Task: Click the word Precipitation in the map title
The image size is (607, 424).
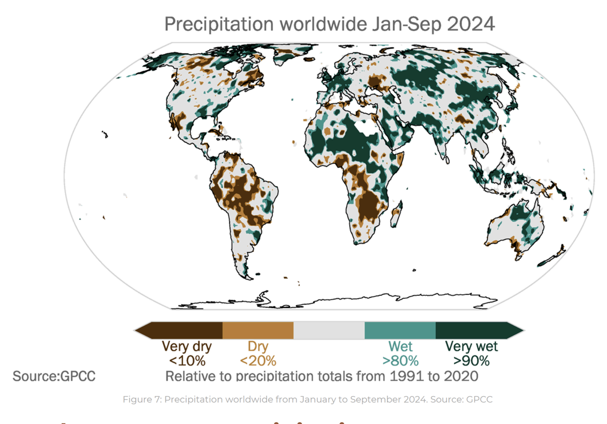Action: point(219,24)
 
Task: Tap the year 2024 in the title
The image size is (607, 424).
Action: point(471,24)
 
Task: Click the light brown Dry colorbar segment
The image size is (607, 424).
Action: point(258,330)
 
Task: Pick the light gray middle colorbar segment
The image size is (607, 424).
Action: point(329,330)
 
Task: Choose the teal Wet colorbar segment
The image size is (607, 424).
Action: point(400,330)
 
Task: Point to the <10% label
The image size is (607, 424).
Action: point(187,361)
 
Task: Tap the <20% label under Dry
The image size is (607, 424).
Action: point(258,361)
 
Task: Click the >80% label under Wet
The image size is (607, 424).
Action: point(400,361)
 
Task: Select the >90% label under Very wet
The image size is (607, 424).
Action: point(471,361)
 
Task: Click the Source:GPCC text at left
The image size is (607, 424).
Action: point(54,376)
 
